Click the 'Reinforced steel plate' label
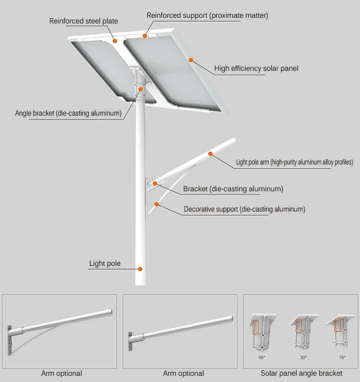point(84,21)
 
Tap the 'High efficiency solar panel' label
point(256,68)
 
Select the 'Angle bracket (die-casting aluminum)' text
point(68,113)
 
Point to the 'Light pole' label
point(105,263)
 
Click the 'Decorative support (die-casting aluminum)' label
point(244,209)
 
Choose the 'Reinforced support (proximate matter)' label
point(207,15)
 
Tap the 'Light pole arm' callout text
point(294,162)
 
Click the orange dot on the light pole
point(140,270)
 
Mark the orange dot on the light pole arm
point(210,154)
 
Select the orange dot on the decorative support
point(156,204)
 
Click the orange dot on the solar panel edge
point(191,60)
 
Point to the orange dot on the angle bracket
point(141,89)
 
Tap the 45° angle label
point(262,357)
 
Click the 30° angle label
point(303,357)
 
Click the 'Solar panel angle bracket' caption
point(301,373)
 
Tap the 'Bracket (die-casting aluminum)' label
point(233,189)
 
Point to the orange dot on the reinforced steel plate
point(115,41)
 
